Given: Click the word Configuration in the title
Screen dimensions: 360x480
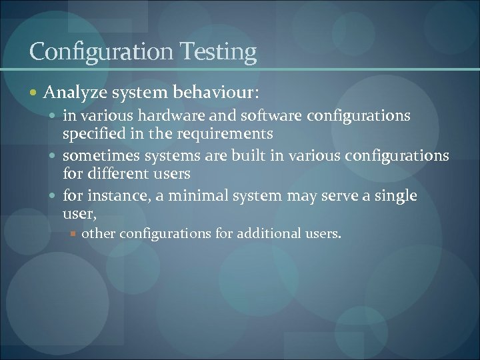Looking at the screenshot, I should click(100, 52).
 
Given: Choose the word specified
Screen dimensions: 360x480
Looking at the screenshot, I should click(91, 134).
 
